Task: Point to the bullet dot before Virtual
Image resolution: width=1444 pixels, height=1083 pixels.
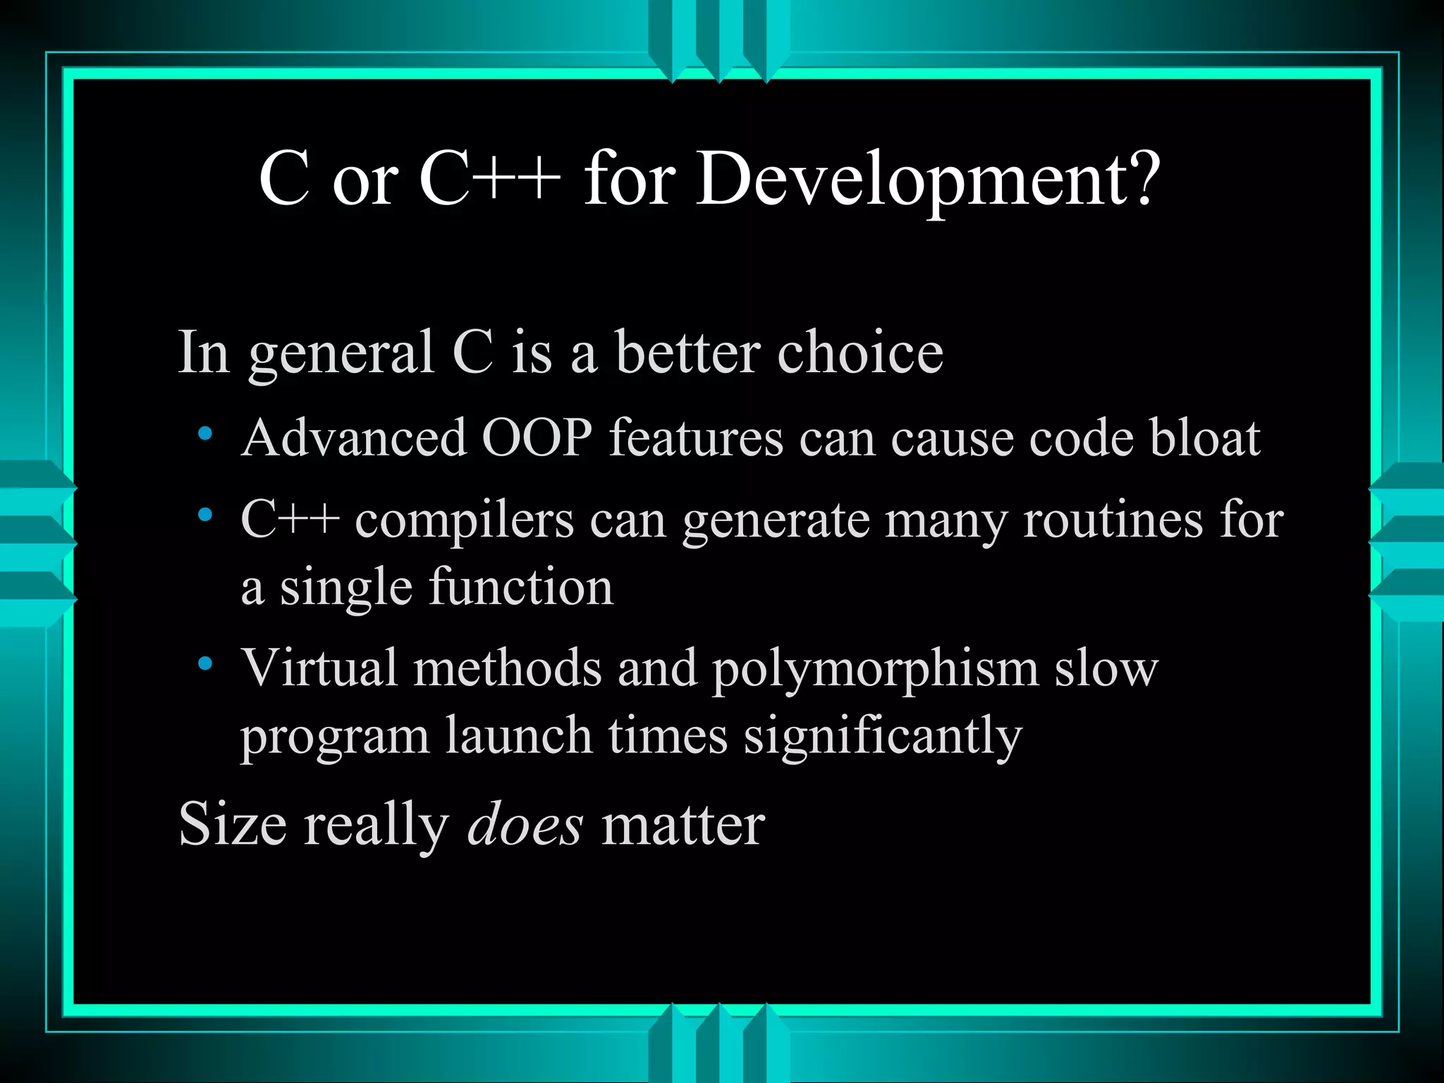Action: (205, 663)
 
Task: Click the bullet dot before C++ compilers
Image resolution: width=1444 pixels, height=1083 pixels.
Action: (205, 515)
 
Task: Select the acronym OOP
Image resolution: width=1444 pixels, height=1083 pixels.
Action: (537, 438)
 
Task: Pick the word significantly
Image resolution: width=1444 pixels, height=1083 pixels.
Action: (883, 738)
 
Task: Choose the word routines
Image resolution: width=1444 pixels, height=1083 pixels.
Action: (1113, 520)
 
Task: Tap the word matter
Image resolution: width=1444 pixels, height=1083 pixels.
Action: (683, 825)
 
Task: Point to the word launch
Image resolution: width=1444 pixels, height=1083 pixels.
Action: (518, 736)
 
